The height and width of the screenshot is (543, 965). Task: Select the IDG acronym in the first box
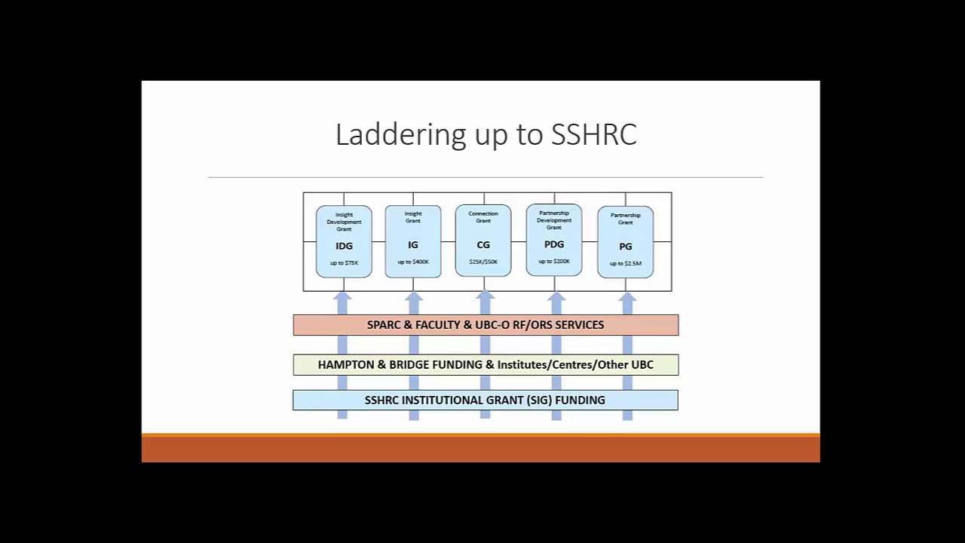click(x=344, y=247)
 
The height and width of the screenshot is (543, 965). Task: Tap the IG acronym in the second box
click(x=413, y=245)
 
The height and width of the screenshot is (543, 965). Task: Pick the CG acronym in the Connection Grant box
click(x=483, y=245)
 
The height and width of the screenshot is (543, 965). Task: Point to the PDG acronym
click(x=554, y=244)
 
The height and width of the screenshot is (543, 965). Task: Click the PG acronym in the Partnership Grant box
click(x=626, y=247)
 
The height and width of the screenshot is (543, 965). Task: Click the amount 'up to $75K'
click(x=344, y=263)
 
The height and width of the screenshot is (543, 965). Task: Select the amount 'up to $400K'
click(x=413, y=262)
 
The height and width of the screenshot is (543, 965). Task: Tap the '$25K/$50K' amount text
click(x=483, y=262)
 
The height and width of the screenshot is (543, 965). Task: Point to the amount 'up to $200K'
click(x=554, y=261)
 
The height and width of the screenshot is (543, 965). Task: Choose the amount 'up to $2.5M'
click(x=626, y=263)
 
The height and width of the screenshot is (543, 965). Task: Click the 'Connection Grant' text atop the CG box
click(x=483, y=217)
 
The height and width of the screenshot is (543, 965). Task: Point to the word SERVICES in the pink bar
click(x=579, y=325)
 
